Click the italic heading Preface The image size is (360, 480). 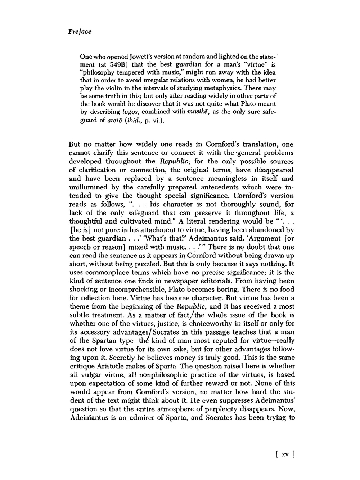coord(80,32)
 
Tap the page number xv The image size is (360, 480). coord(285,455)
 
